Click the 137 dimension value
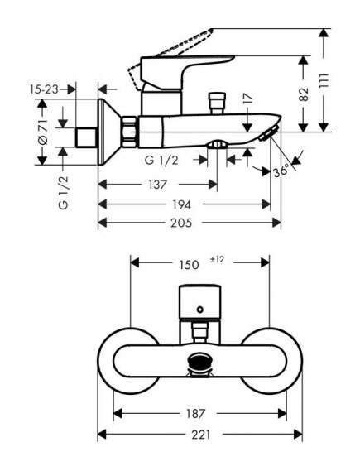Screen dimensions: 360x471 pyautogui.click(x=157, y=185)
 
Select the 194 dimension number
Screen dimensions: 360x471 pyautogui.click(x=181, y=204)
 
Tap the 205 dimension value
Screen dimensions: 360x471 pyautogui.click(x=181, y=223)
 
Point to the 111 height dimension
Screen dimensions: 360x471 pyautogui.click(x=324, y=80)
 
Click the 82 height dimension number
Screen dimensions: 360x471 pyautogui.click(x=304, y=94)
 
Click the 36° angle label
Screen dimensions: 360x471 pyautogui.click(x=281, y=171)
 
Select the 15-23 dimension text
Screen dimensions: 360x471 pyautogui.click(x=44, y=89)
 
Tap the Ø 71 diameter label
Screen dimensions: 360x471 pyautogui.click(x=43, y=132)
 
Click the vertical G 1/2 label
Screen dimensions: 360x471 pyautogui.click(x=64, y=193)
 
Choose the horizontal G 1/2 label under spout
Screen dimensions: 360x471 pyautogui.click(x=161, y=161)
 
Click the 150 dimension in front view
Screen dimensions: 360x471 pyautogui.click(x=189, y=265)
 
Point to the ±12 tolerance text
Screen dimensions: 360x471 pyautogui.click(x=217, y=260)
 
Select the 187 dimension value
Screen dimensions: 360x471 pyautogui.click(x=195, y=414)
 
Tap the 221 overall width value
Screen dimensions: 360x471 pyautogui.click(x=201, y=435)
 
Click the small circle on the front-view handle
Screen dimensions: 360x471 pyautogui.click(x=200, y=310)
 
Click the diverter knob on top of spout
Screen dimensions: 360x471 pyautogui.click(x=218, y=103)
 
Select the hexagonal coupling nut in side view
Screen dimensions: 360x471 pyautogui.click(x=129, y=132)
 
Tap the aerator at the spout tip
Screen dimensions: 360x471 pyautogui.click(x=269, y=133)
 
